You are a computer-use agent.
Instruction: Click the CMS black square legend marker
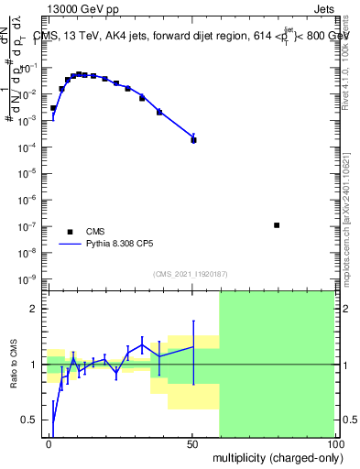tap(70, 232)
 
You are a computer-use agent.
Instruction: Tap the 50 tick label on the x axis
tap(192, 443)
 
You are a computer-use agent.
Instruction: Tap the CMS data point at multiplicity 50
tap(193, 140)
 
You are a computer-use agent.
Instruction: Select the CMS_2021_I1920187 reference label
tap(190, 273)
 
